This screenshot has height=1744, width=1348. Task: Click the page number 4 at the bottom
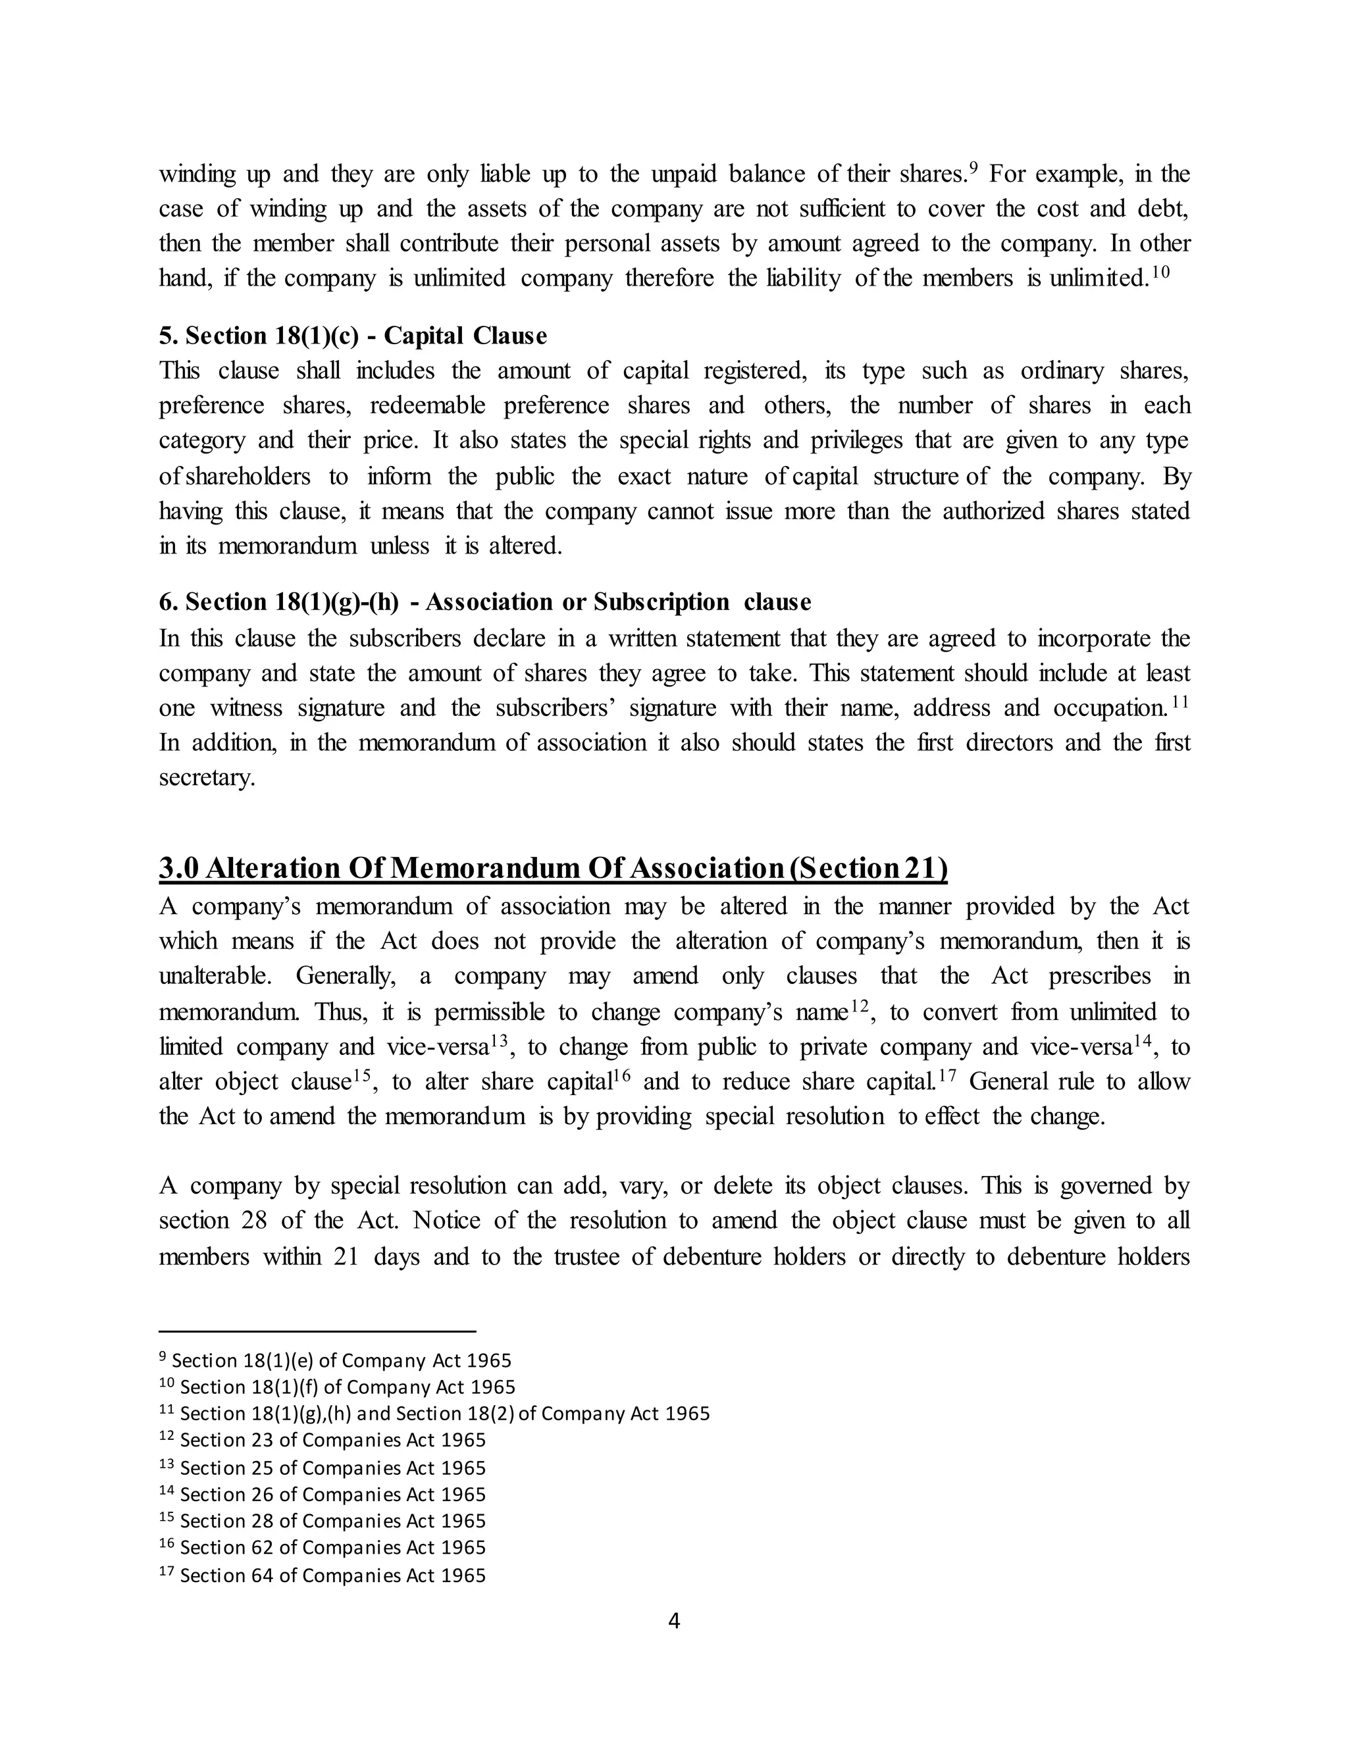pos(673,1620)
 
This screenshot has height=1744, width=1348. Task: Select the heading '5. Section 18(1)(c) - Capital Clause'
pos(352,336)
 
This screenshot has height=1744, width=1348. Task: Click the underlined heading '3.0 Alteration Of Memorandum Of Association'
pos(553,868)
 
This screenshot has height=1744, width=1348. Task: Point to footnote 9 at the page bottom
pos(336,1360)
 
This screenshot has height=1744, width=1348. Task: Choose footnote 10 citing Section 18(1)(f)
pos(337,1386)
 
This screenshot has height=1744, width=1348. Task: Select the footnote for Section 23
pos(323,1440)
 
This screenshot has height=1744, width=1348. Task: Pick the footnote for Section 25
pos(323,1468)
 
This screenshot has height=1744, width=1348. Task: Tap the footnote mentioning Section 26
pos(323,1494)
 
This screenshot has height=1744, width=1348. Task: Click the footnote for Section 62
pos(323,1547)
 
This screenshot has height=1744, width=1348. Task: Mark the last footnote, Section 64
pos(323,1575)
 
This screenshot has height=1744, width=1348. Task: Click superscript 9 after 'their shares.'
pos(973,168)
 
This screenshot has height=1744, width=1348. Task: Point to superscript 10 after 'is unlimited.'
pos(1161,272)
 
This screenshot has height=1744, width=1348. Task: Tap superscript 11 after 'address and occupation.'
pos(1181,702)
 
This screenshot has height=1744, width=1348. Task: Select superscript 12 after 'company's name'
pos(858,1006)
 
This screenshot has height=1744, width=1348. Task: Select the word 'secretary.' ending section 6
pos(207,778)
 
